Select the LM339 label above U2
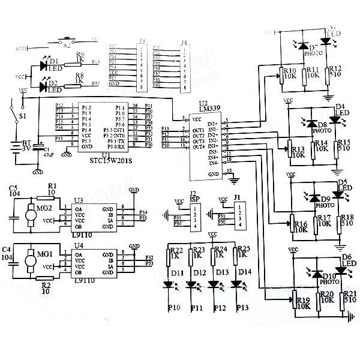[x=208, y=109]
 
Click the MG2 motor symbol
[x=28, y=213]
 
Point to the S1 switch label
[x=23, y=116]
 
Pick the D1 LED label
[x=53, y=61]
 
